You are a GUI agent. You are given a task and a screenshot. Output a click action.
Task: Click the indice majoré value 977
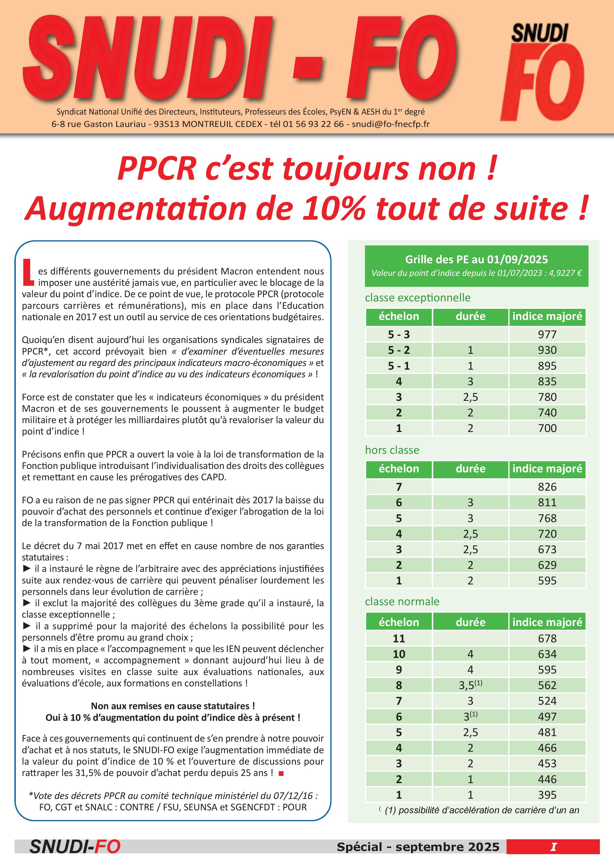[x=547, y=335]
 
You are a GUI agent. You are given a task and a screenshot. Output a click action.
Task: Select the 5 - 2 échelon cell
[x=399, y=350]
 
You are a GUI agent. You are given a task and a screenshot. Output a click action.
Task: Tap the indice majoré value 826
[x=547, y=487]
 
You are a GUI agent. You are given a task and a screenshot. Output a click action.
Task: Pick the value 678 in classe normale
[x=547, y=639]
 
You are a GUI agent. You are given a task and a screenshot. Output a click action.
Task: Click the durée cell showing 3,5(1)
[x=470, y=685]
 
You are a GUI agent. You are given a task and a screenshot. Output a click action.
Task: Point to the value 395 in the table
[x=547, y=795]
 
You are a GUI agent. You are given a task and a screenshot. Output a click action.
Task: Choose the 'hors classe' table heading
[x=392, y=450]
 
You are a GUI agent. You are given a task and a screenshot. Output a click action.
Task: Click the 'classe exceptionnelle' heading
[x=418, y=297]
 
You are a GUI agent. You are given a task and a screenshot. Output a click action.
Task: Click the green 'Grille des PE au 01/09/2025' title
[x=476, y=259]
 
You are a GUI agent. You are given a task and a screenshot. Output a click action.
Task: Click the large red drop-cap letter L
[x=28, y=272]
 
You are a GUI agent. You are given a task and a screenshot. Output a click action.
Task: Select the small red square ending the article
[x=281, y=773]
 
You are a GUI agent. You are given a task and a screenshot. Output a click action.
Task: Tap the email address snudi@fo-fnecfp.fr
[x=390, y=124]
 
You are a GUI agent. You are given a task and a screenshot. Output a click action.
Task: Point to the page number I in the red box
[x=553, y=847]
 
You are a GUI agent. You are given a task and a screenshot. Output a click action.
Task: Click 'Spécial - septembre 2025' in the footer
[x=418, y=847]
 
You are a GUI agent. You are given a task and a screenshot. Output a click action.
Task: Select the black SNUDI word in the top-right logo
[x=539, y=33]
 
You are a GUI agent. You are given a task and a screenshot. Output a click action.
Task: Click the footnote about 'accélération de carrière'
[x=482, y=810]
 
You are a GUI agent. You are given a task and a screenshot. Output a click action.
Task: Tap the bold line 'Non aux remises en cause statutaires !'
[x=173, y=706]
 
